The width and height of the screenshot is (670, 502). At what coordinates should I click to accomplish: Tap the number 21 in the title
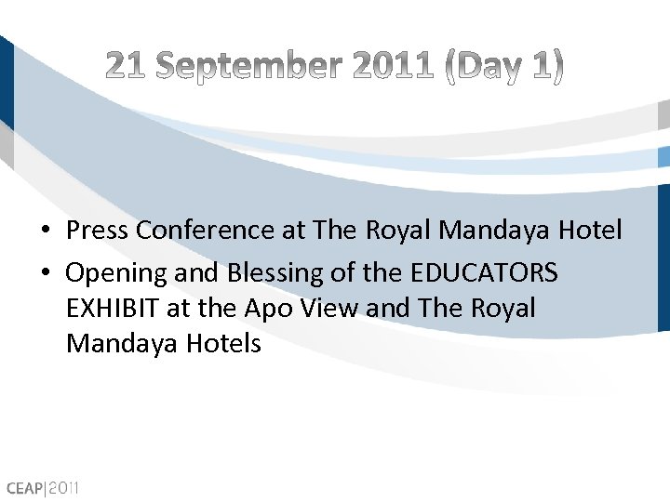(x=127, y=66)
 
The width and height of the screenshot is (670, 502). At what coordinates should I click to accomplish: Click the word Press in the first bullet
(x=97, y=230)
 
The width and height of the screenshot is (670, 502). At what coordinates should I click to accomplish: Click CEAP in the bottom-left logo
(x=25, y=487)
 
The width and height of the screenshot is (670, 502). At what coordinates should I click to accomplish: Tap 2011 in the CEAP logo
(x=66, y=487)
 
